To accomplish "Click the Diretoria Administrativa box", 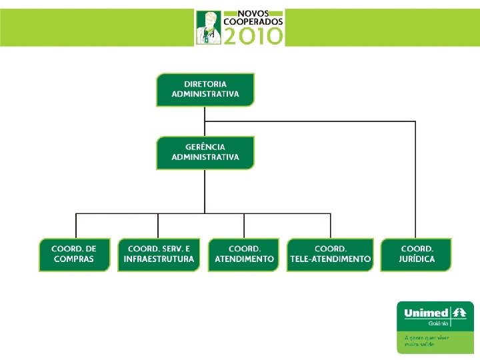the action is (205, 90).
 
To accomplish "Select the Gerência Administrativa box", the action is (205, 153).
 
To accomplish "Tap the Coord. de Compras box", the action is (74, 255).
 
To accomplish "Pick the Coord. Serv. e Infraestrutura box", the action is (159, 255).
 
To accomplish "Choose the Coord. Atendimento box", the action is (244, 255).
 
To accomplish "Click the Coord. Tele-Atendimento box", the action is (330, 255).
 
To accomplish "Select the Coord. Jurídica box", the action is (416, 255).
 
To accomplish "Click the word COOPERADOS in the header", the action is (253, 21).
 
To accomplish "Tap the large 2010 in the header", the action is (253, 36).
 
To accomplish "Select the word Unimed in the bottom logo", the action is (425, 312).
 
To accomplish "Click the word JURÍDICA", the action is (416, 259).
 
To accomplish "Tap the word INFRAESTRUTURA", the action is (159, 259).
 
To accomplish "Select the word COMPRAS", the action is (74, 259).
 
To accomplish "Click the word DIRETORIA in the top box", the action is (205, 85).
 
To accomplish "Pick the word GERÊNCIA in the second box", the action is (205, 147).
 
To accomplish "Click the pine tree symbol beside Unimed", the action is (459, 312).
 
